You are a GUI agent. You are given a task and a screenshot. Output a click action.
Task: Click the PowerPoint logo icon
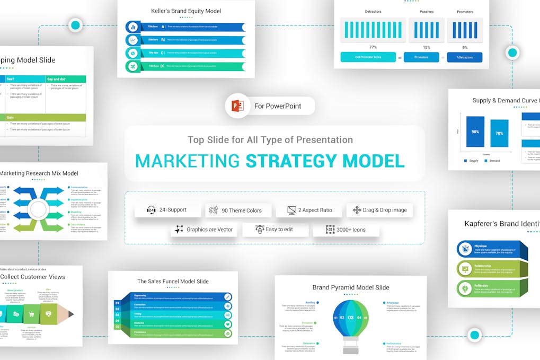coord(237,106)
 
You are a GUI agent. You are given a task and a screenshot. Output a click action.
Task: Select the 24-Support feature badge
coord(167,210)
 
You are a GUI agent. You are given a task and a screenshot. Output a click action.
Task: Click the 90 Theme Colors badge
coord(238,210)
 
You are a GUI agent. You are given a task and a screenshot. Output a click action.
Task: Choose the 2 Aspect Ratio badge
coord(309,210)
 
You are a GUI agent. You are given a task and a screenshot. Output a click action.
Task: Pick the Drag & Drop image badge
coord(379,210)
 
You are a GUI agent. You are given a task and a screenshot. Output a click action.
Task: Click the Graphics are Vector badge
coord(203,230)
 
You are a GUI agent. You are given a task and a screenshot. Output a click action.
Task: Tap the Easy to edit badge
coord(274,230)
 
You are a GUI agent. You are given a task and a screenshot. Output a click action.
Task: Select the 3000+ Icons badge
coord(346,230)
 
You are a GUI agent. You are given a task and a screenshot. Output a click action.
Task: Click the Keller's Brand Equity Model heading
coord(185,11)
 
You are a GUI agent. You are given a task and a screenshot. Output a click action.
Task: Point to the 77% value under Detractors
coord(373,47)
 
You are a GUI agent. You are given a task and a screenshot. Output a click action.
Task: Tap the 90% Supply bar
coord(475,132)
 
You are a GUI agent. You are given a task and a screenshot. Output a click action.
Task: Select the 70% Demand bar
coord(499,134)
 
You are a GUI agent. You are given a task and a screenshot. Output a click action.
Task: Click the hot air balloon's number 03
coord(350,318)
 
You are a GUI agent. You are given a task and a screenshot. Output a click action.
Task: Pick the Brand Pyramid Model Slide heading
coord(350,287)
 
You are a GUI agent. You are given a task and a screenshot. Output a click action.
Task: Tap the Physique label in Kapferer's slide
coord(481,246)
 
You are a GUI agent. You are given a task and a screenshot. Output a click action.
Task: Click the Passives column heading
coord(426,12)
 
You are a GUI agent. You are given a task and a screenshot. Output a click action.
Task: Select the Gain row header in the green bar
coord(10,117)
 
